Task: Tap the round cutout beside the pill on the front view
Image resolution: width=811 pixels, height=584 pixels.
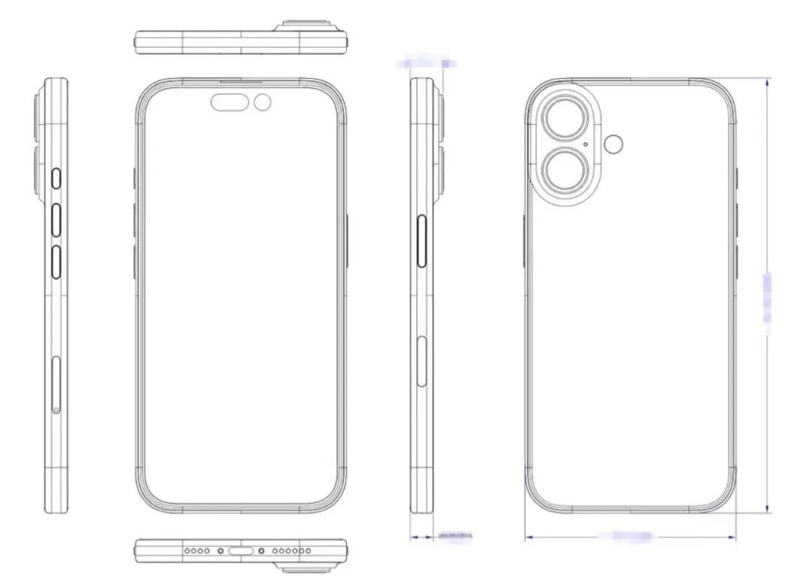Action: tap(263, 102)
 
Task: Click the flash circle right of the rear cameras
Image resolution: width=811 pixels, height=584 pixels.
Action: tap(617, 145)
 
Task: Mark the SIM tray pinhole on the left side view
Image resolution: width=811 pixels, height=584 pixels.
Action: tap(57, 409)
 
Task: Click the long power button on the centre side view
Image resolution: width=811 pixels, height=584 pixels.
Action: tap(421, 240)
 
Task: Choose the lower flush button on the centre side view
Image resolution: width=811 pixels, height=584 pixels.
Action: tap(421, 363)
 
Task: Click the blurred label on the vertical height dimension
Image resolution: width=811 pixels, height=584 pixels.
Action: tap(767, 298)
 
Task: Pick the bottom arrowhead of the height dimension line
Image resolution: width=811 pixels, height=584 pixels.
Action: tap(767, 510)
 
